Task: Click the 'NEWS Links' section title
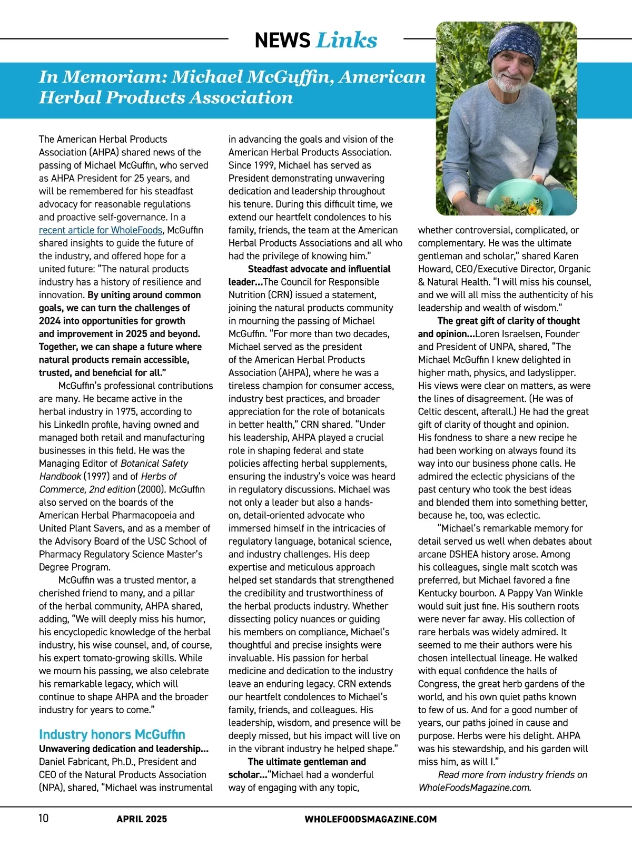tap(315, 40)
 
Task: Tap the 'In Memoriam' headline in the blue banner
tap(232, 87)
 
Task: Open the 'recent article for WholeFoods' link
tap(101, 230)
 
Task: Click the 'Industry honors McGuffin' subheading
tap(112, 734)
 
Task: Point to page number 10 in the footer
tap(43, 818)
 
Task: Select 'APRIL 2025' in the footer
tap(142, 819)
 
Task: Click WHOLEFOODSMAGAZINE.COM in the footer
tap(370, 819)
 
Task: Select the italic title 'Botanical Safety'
tap(154, 464)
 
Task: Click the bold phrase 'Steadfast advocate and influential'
tap(319, 269)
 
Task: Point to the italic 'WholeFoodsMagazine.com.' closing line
tap(475, 788)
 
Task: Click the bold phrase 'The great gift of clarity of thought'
tap(508, 321)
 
